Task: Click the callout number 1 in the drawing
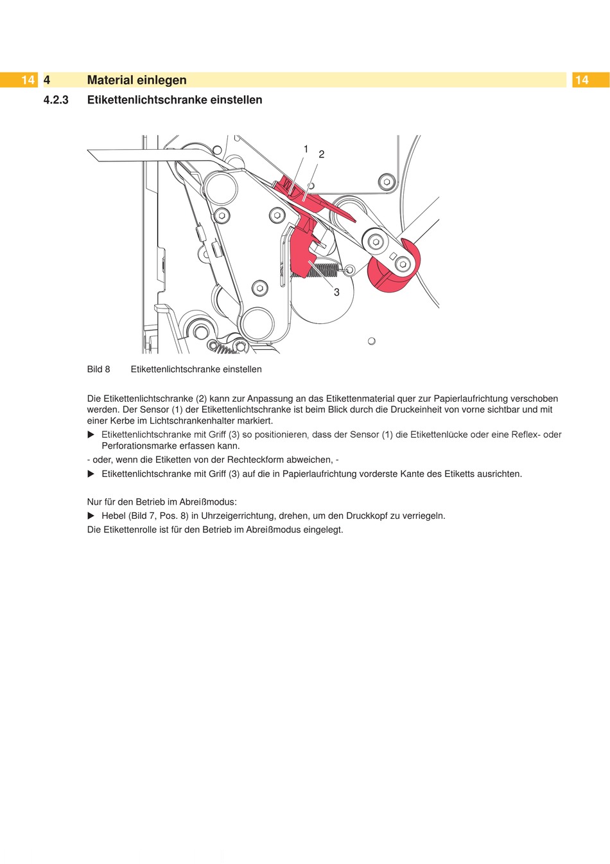coord(306,149)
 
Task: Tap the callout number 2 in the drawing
coord(322,154)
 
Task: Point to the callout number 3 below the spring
coord(336,292)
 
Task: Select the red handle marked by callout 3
coord(302,251)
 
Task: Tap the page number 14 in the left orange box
coord(28,80)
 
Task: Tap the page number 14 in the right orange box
coord(582,80)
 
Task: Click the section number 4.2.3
coord(56,100)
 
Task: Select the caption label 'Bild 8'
coord(99,369)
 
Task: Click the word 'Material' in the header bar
coord(110,80)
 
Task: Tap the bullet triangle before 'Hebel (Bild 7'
coord(91,516)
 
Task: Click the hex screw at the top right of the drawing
coord(386,182)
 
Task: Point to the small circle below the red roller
coord(371,341)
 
